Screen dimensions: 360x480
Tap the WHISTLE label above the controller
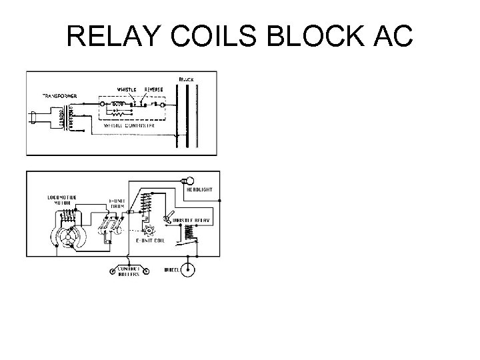tap(127, 89)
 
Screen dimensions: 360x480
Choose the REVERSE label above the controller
tap(155, 89)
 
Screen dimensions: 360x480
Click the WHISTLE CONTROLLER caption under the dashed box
tap(129, 125)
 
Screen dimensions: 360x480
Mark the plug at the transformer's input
tap(35, 117)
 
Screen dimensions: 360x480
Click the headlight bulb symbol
tap(186, 180)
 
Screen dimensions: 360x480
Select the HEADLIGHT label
tap(199, 190)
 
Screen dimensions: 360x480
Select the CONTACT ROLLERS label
tap(127, 273)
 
